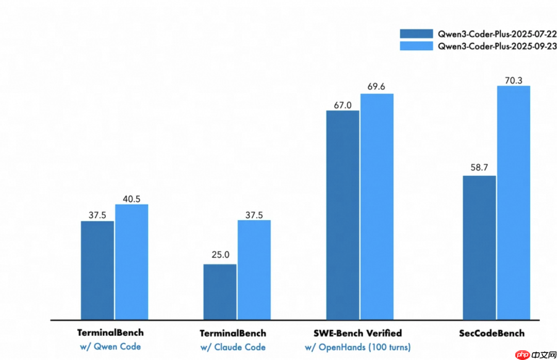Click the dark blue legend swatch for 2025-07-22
(416, 34)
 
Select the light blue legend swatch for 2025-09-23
(416, 46)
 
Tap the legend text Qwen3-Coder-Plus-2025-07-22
(497, 34)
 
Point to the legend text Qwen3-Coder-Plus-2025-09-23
(497, 46)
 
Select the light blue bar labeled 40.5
(132, 262)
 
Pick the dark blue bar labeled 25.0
(220, 292)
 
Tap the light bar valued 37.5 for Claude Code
(254, 270)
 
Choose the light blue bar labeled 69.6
(377, 207)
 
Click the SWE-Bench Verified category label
(357, 333)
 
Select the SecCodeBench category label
(492, 333)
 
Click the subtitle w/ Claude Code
(233, 347)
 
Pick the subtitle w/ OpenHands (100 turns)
(357, 347)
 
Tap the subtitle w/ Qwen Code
(110, 347)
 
